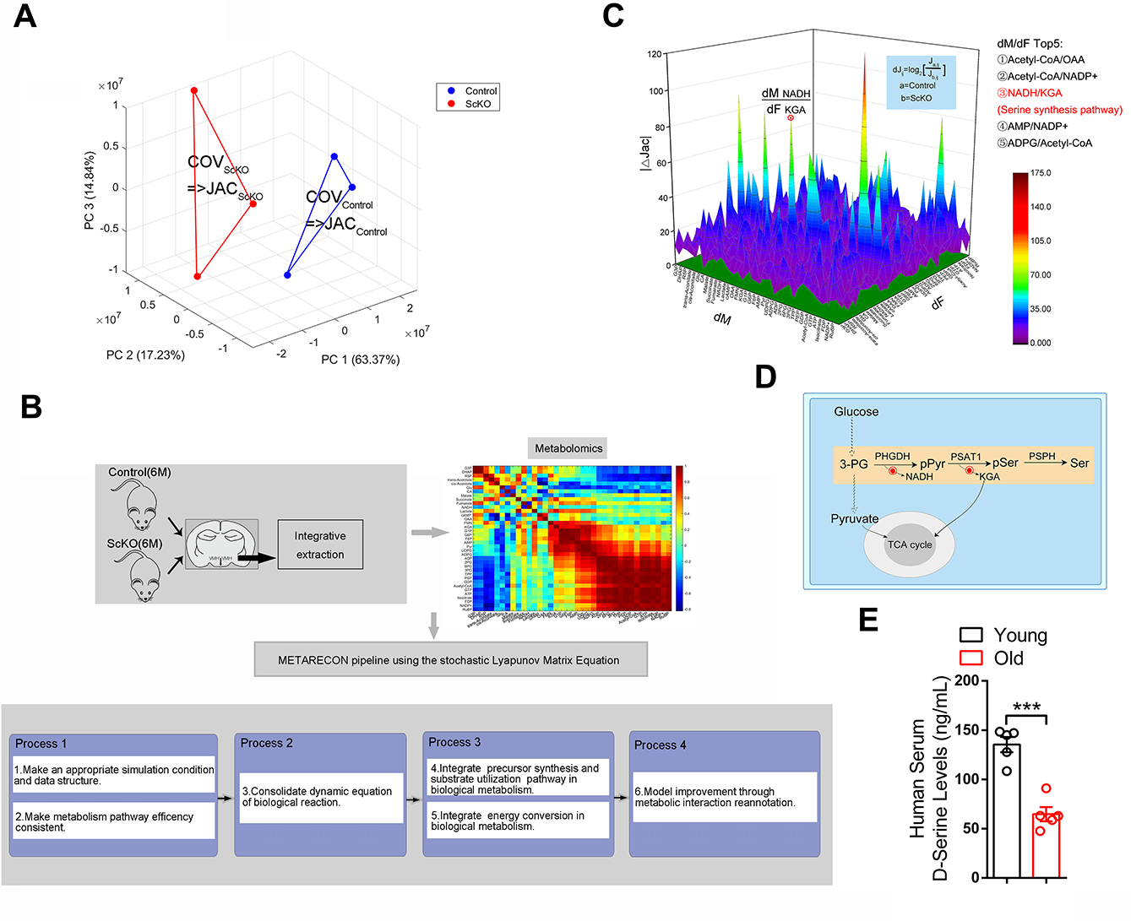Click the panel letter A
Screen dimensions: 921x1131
[x=25, y=16]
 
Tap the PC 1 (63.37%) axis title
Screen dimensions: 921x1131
[x=360, y=360]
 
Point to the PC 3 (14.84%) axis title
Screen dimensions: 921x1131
[x=90, y=191]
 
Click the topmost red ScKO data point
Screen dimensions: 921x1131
[x=194, y=90]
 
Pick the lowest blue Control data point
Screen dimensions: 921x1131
[x=288, y=274]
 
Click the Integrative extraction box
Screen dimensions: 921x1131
[x=320, y=545]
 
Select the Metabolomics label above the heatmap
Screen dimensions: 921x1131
[x=568, y=448]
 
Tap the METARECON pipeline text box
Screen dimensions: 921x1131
[x=449, y=660]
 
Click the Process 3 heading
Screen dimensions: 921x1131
[x=454, y=742]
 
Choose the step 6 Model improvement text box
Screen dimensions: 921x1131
[x=724, y=797]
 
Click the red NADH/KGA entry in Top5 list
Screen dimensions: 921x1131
[x=1030, y=93]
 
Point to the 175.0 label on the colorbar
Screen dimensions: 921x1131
[x=1041, y=173]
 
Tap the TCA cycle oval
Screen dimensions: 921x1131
[x=909, y=544]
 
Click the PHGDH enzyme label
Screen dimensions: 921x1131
[x=892, y=457]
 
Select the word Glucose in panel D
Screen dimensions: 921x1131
[x=856, y=412]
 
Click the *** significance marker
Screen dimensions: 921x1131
[x=1026, y=707]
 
